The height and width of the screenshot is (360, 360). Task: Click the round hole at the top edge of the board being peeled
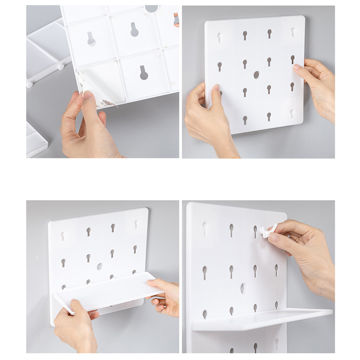[x=152, y=8]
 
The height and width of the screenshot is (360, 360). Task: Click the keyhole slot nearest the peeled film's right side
[x=144, y=72]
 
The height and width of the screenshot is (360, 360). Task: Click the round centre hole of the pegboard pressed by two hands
[x=256, y=75]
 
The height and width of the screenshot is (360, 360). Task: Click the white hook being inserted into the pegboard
[x=268, y=231]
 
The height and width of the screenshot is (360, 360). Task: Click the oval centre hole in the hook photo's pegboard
[x=243, y=288]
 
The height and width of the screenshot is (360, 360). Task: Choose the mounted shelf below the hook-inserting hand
[x=261, y=319]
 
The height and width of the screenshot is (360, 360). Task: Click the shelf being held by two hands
[x=108, y=290]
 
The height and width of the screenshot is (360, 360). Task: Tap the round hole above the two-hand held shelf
[x=99, y=266]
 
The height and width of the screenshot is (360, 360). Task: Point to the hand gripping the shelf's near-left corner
[x=74, y=326]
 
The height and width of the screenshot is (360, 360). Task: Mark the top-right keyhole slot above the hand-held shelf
[x=135, y=223]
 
